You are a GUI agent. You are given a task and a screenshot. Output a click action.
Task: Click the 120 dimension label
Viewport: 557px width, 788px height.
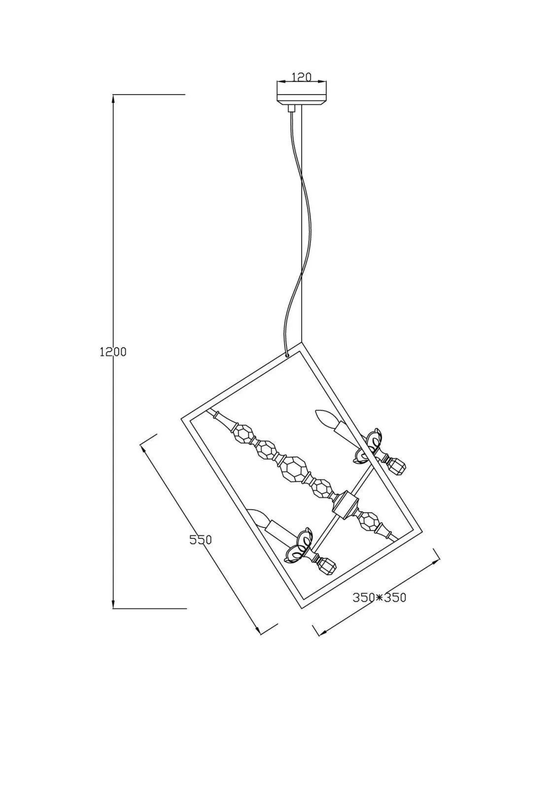302,76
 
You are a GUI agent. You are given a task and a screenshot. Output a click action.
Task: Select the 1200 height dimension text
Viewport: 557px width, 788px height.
113,352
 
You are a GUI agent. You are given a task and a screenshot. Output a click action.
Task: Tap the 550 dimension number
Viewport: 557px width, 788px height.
201,540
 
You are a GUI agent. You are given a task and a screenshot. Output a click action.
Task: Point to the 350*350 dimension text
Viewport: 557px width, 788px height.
379,597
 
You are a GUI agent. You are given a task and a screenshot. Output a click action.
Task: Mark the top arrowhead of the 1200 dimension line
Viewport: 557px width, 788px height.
113,97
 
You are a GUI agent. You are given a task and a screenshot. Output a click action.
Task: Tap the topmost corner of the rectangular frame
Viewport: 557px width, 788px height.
301,344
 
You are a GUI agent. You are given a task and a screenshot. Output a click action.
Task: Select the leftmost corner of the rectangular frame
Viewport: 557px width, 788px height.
181,419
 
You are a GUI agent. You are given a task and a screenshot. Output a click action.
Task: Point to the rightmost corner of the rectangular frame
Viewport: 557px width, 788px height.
423,530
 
